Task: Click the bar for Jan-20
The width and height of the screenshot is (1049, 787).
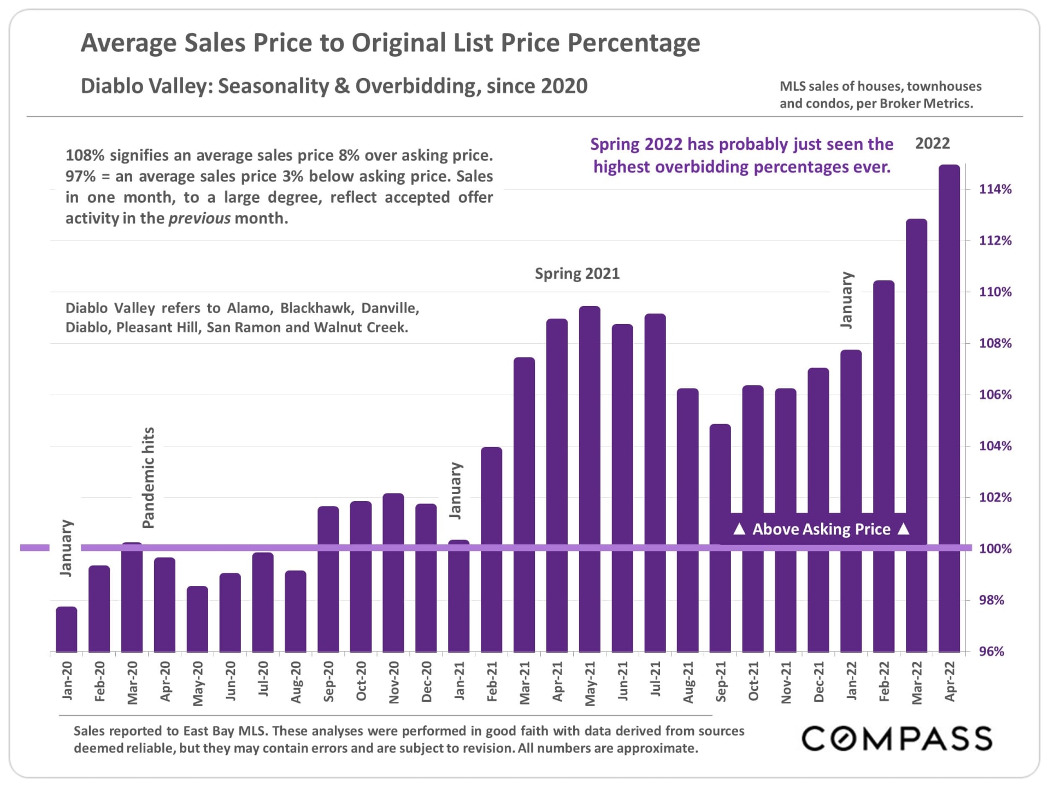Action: coord(67,629)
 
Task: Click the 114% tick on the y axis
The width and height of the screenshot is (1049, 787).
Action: coord(995,190)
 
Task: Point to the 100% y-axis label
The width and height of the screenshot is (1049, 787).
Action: coord(995,549)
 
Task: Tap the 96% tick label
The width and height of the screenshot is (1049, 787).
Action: coord(992,651)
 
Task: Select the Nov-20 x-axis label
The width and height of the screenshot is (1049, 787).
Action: coord(394,682)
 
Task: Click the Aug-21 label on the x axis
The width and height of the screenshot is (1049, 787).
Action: coord(688,682)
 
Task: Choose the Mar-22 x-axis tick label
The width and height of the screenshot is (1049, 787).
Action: coord(917,683)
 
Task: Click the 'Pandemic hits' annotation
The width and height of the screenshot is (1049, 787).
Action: coord(149,478)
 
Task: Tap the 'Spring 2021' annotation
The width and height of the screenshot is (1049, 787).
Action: coord(577,273)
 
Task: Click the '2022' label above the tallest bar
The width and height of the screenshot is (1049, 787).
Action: coord(933,143)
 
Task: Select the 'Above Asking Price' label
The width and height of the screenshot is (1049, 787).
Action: coord(821,529)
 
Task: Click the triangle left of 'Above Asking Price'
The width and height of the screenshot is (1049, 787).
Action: coord(739,529)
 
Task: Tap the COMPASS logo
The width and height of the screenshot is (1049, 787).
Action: coord(897,739)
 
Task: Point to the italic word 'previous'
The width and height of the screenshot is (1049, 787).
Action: coord(199,219)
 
